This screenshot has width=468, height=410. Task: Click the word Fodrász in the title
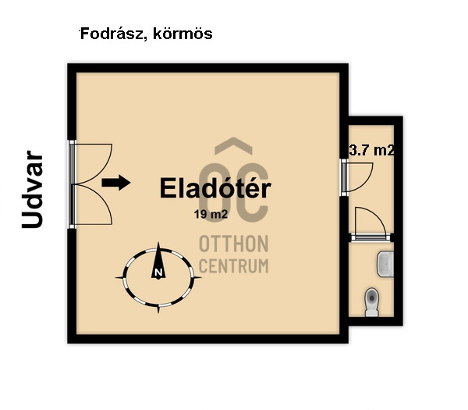[x=108, y=34]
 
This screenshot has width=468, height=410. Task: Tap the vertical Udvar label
[x=32, y=190]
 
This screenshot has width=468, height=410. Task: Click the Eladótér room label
[x=215, y=188]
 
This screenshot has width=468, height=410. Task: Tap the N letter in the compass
[x=158, y=273]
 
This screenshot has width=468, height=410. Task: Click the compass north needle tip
[x=160, y=245]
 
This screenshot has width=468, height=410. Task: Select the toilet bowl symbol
[x=372, y=299]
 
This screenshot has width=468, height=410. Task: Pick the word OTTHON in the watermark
[x=234, y=242]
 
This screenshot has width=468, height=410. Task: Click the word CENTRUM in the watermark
[x=234, y=266]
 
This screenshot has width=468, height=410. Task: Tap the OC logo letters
[x=234, y=192]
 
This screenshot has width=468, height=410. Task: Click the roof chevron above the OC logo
[x=234, y=146]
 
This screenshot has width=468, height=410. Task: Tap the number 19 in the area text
[x=201, y=212]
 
